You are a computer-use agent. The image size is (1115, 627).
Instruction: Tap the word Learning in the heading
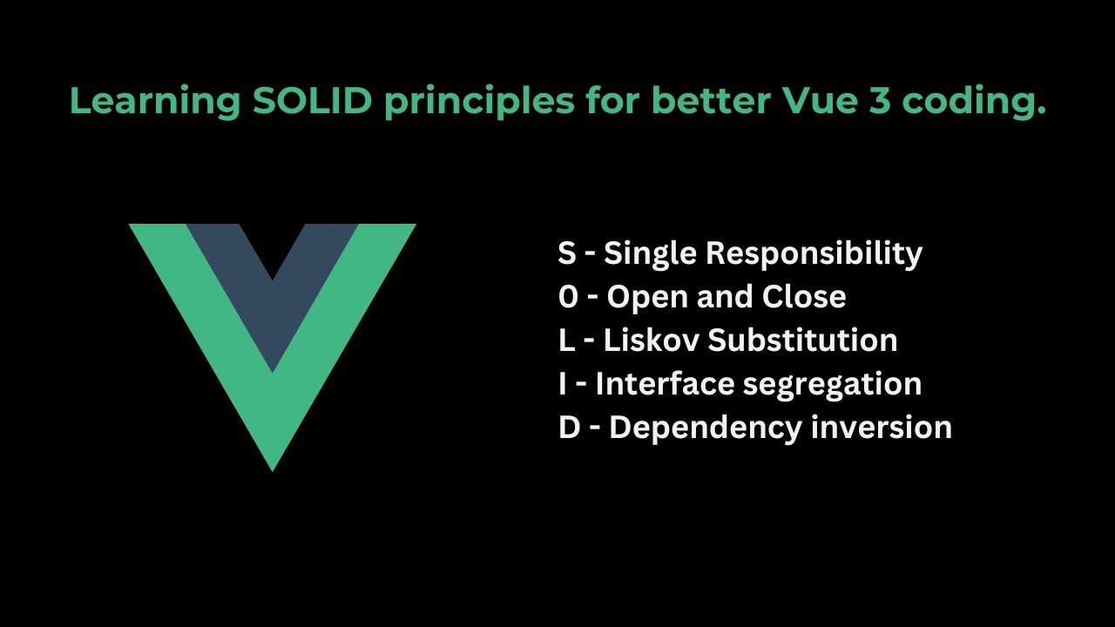point(155,102)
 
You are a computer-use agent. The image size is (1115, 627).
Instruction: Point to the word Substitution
point(802,340)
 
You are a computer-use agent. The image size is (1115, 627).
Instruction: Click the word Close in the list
point(804,297)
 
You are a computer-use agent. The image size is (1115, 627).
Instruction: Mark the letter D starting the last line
point(569,428)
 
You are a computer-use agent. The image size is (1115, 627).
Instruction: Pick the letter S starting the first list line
point(567,253)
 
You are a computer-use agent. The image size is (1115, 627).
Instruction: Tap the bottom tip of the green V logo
point(273,463)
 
